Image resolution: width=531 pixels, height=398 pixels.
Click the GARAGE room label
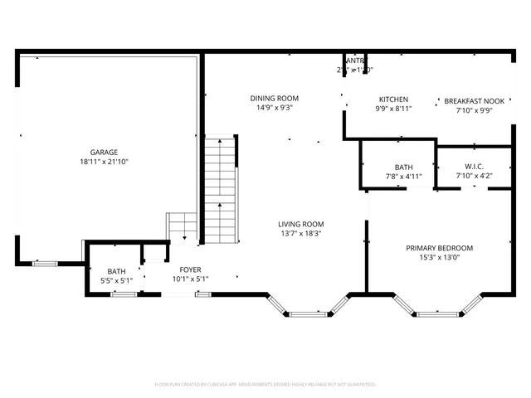(x=104, y=152)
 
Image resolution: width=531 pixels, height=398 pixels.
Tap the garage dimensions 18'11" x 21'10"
(x=104, y=162)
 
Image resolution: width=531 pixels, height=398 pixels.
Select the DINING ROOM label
(x=274, y=98)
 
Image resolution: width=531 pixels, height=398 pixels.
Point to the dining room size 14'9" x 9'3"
(x=274, y=108)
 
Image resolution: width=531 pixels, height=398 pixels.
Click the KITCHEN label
(x=393, y=99)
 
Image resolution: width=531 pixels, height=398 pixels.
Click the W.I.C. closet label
(x=474, y=166)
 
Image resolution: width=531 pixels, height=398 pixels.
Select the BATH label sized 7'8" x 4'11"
(x=404, y=166)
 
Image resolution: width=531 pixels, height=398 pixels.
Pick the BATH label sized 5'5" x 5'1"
(x=116, y=271)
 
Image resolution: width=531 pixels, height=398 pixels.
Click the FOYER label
(x=190, y=269)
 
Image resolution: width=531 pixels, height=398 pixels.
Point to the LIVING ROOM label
(x=300, y=224)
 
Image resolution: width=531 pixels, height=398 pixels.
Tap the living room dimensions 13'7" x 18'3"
(x=300, y=234)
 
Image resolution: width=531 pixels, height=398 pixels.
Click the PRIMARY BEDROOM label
(x=439, y=248)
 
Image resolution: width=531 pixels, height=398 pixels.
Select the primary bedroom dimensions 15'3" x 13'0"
(x=439, y=258)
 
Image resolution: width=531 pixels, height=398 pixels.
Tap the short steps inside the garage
(x=182, y=226)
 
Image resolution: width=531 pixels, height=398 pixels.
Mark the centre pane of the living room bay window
(x=309, y=313)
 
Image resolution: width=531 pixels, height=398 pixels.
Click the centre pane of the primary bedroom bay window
(x=439, y=313)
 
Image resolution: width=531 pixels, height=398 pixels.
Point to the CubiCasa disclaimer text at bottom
(x=265, y=385)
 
